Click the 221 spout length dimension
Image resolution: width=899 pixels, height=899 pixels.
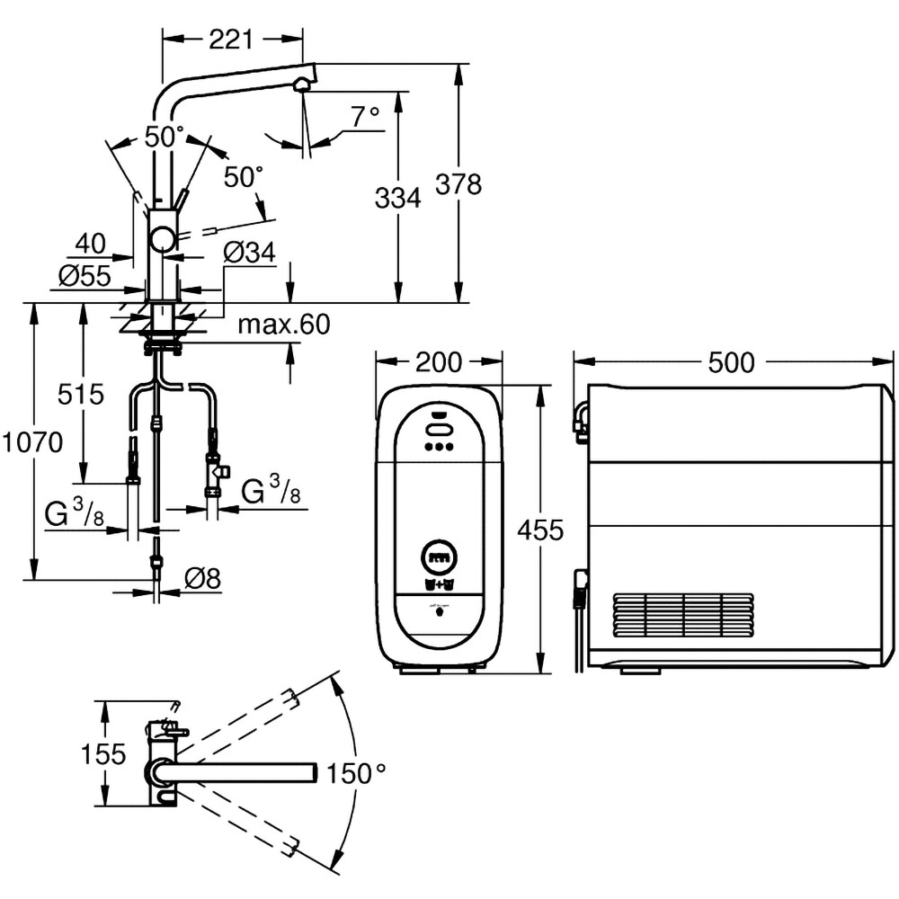click(x=232, y=39)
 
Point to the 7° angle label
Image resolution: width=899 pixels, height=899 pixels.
click(x=365, y=117)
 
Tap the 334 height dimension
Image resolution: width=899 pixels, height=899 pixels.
click(x=397, y=198)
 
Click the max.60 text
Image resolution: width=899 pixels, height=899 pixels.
click(x=284, y=325)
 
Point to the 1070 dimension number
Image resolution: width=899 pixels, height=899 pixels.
click(x=32, y=442)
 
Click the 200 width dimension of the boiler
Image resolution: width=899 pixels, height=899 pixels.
click(x=438, y=362)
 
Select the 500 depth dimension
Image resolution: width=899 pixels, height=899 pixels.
click(x=731, y=362)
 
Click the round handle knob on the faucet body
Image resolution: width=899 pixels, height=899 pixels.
click(x=163, y=239)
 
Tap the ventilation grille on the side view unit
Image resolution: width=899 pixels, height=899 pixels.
click(x=683, y=615)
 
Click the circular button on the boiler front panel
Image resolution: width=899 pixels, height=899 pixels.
click(x=440, y=557)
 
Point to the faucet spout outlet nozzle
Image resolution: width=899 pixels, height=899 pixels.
click(x=303, y=85)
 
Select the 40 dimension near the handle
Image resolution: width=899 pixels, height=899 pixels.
click(x=91, y=243)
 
